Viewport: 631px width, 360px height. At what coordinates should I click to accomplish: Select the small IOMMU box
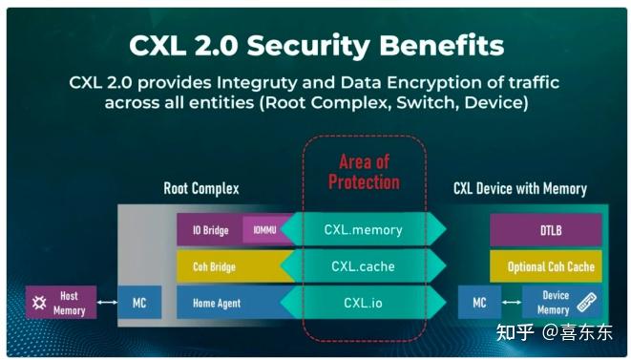tap(263, 229)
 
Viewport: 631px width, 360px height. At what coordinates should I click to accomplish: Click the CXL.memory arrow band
tap(363, 229)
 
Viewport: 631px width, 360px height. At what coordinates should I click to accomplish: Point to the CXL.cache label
tap(363, 266)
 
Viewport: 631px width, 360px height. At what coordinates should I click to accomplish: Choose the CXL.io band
tap(363, 303)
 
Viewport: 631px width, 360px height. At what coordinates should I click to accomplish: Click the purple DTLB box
tap(545, 229)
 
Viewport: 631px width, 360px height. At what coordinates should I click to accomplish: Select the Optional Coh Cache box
tap(545, 266)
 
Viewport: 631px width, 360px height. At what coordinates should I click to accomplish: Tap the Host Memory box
tap(61, 304)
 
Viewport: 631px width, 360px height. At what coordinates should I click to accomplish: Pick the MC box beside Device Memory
tap(479, 304)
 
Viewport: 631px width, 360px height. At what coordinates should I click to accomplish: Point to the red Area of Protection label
tap(363, 171)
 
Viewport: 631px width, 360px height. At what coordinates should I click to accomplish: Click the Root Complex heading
tap(200, 189)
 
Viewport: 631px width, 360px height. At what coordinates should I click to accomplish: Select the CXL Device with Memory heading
tap(519, 189)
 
